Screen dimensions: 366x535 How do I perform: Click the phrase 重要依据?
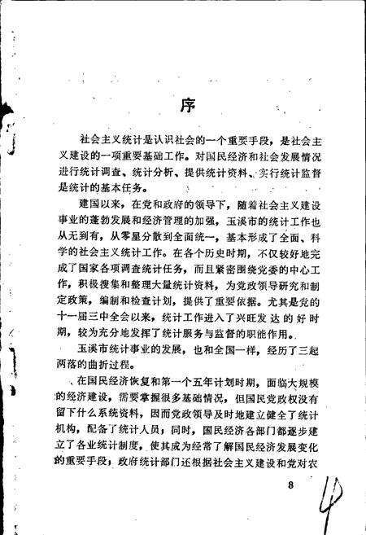209,311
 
